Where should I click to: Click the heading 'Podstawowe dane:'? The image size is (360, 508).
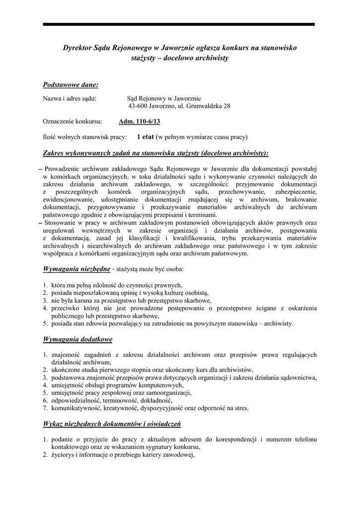tap(71, 85)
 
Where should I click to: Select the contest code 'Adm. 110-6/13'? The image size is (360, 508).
tap(140, 121)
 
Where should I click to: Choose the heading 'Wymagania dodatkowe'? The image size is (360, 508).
tap(78, 339)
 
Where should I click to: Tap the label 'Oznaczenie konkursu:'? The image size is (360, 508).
tap(72, 121)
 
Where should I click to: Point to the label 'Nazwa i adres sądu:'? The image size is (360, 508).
tap(70, 98)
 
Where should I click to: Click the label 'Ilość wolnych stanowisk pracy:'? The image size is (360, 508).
tap(85, 136)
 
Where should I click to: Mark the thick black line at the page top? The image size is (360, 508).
tap(179, 24)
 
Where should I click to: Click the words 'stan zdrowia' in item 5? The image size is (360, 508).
tap(92, 324)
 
